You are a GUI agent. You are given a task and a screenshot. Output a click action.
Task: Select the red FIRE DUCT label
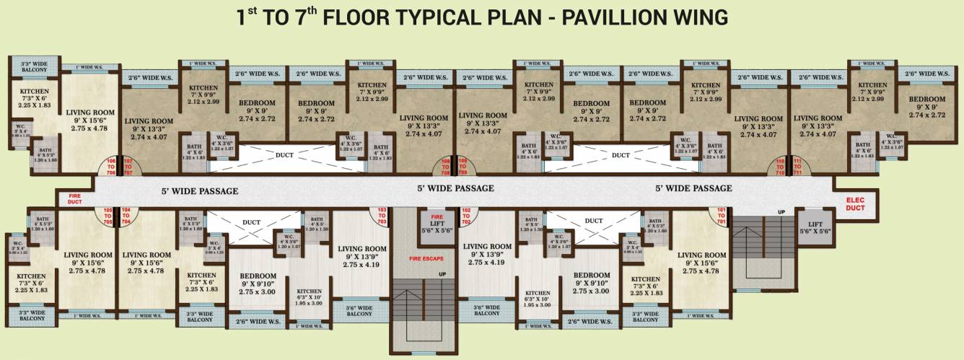pyautogui.click(x=74, y=198)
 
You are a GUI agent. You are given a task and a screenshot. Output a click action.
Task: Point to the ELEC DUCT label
pyautogui.click(x=854, y=203)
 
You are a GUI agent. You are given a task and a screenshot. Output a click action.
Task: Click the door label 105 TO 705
pyautogui.click(x=108, y=216)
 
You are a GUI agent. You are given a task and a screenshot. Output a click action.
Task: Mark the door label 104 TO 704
pyautogui.click(x=127, y=216)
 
